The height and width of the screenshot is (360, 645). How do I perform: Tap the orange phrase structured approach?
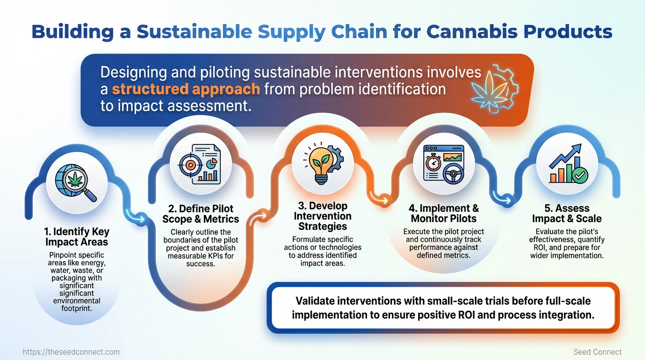186,89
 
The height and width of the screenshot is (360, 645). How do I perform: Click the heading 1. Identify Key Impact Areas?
76,237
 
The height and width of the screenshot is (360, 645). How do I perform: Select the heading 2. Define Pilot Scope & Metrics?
201,214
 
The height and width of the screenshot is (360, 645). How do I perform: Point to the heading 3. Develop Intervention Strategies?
322,216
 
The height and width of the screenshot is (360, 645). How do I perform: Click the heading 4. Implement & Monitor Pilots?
443,213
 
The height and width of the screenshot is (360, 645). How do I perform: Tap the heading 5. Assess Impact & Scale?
567,213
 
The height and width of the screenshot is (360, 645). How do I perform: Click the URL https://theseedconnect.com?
71,352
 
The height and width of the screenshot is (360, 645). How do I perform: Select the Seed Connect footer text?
597,352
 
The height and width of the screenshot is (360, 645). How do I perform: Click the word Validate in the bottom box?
315,301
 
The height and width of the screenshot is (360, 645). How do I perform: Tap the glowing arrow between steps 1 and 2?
137,217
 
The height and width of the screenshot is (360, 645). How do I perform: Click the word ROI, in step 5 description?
543,248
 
